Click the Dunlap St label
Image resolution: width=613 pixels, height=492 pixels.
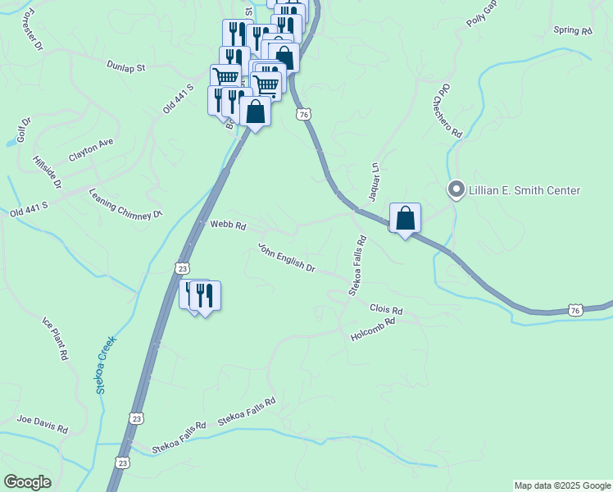point(125,64)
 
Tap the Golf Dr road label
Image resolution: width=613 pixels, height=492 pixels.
point(24,130)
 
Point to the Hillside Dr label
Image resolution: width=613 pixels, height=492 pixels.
point(47,171)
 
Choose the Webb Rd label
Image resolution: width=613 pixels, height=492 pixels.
point(228,224)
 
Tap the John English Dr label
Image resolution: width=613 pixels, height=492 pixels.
point(287,257)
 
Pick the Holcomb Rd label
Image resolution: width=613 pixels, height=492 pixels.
point(373,330)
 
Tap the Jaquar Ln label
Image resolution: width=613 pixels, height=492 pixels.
point(374,181)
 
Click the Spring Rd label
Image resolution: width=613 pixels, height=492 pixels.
point(572,31)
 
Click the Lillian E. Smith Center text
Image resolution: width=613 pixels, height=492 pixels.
point(524,190)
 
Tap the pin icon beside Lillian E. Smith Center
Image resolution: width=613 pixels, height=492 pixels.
point(456,189)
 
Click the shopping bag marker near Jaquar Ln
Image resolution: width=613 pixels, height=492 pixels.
point(405,219)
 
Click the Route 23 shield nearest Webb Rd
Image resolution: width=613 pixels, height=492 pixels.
point(183,268)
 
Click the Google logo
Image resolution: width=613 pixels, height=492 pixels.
point(27,482)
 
